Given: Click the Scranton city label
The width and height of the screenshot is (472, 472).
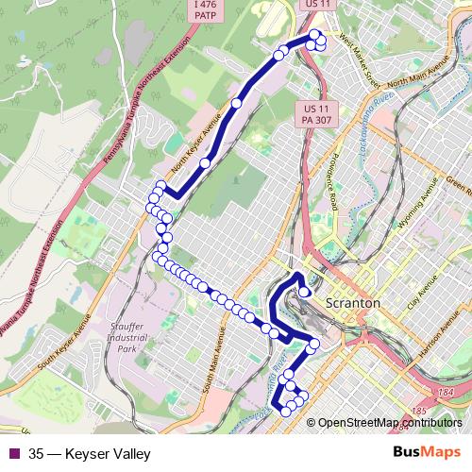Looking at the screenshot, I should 352,305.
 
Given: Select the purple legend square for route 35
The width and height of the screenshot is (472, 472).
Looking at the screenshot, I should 13,454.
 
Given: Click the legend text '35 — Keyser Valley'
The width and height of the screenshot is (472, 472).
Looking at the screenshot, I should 90,454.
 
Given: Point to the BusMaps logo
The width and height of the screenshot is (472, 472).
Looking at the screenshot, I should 427,453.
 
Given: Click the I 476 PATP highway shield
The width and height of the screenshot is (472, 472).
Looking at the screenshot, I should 205,10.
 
